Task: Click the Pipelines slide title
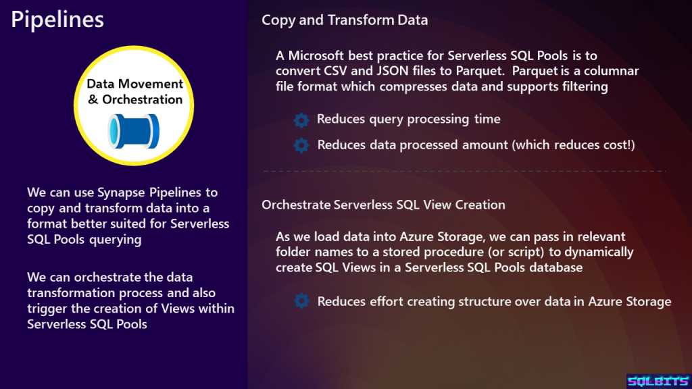[57, 20]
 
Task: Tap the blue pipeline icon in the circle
[133, 132]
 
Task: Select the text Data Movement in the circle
[134, 84]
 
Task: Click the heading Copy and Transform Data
[345, 20]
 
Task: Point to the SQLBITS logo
[658, 381]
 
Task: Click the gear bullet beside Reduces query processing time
[301, 120]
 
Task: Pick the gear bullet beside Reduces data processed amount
[301, 145]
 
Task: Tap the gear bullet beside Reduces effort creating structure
[301, 301]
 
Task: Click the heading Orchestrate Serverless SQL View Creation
[383, 205]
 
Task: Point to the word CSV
[335, 71]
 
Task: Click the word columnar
[611, 71]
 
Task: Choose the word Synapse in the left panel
[122, 193]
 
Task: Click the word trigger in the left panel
[47, 309]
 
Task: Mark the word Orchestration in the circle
[142, 100]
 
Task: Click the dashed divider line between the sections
[464, 171]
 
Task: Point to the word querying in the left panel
[115, 240]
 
